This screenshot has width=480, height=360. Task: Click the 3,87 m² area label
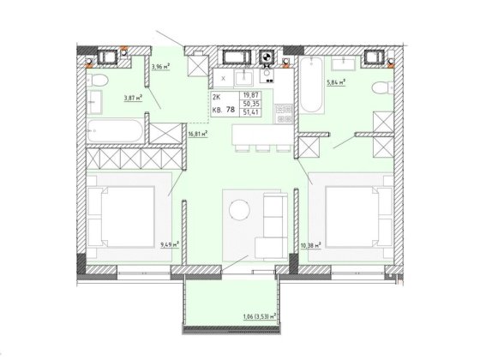tap(134, 98)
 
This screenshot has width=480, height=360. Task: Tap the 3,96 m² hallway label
tap(161, 67)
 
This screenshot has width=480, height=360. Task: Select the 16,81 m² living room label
tap(198, 134)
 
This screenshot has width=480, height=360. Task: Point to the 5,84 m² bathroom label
tap(336, 82)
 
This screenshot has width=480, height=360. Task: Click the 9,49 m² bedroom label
tap(170, 244)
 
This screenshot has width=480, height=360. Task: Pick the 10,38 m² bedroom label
tap(310, 244)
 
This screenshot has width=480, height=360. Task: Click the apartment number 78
tap(231, 110)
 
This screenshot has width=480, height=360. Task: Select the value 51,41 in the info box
tap(250, 112)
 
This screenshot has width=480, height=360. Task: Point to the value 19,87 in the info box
tap(250, 95)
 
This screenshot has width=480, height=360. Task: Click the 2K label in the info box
tap(216, 98)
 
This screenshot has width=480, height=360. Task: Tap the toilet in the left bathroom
tap(98, 81)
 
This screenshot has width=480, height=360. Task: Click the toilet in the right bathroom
tap(382, 88)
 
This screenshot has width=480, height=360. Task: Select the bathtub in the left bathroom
tap(115, 130)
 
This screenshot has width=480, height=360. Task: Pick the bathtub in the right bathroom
tap(311, 85)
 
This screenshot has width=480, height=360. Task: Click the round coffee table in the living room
tap(240, 210)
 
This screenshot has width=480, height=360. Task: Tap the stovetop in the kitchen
tap(285, 113)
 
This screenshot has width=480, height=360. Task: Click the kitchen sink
tap(244, 78)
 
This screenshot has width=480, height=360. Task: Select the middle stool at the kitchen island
tap(262, 148)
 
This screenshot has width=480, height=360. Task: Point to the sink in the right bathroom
tap(344, 63)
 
